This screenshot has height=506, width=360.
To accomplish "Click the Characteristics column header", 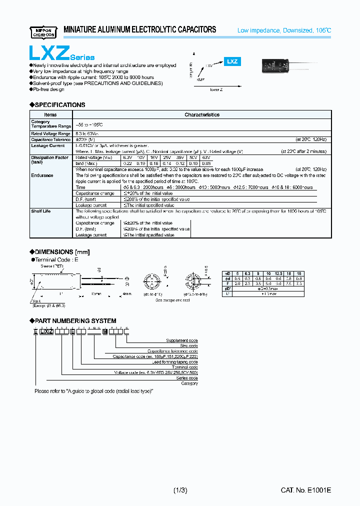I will tap(202, 114).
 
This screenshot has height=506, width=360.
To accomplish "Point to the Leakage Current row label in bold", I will tap(47, 145).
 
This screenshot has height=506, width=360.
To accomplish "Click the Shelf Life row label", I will tap(40, 211).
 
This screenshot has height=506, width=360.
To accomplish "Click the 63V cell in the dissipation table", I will tap(206, 157).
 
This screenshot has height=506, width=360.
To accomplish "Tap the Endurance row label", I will tap(42, 175).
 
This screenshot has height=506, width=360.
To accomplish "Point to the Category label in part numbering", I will tap(188, 383).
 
